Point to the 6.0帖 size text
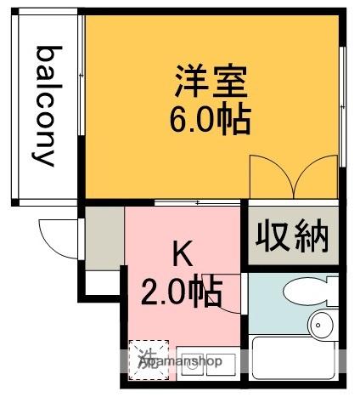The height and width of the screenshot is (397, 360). click(x=210, y=120)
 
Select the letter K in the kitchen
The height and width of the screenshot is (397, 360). click(x=182, y=252)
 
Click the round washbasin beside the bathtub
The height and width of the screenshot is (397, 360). click(x=322, y=324)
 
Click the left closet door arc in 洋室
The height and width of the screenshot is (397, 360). click(x=270, y=174)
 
